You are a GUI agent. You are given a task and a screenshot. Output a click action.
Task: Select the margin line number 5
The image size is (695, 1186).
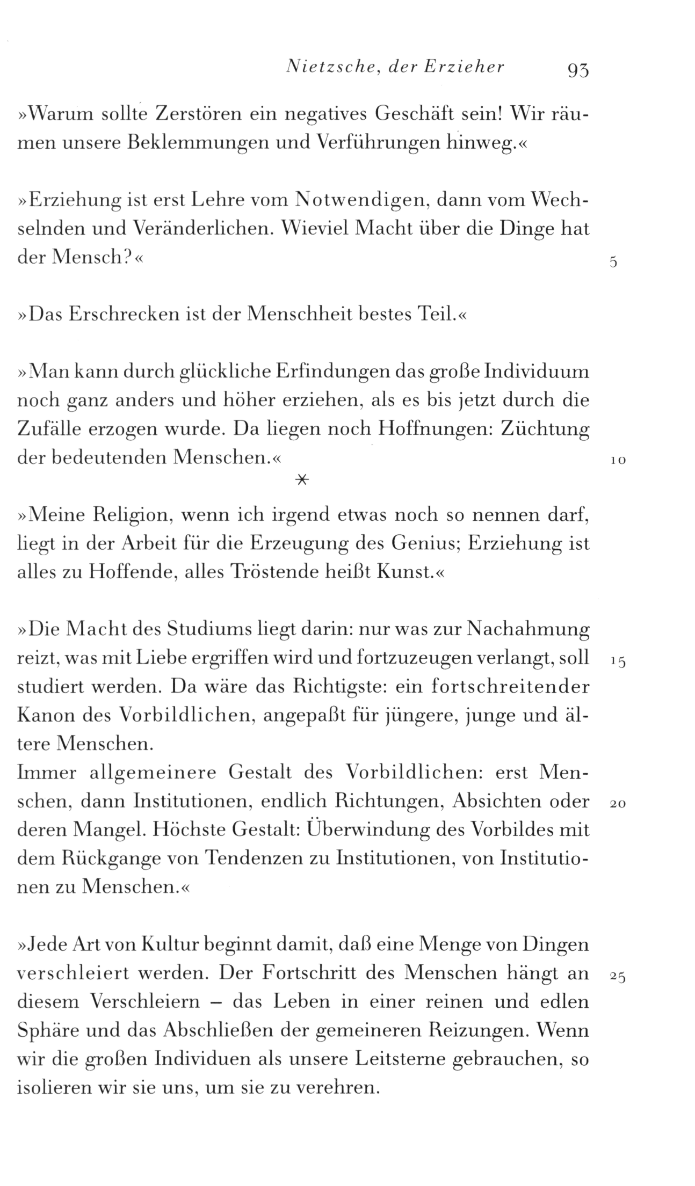tap(613, 263)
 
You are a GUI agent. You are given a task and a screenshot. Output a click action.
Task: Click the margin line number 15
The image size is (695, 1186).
tap(618, 663)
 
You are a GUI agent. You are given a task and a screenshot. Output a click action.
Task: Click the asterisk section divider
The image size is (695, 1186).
tap(302, 481)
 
